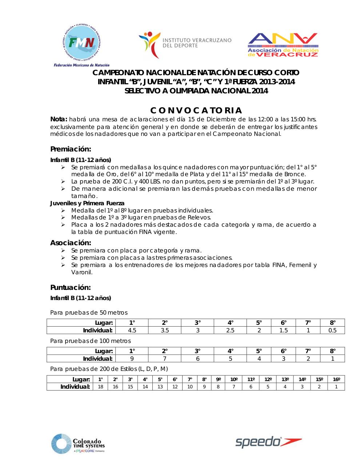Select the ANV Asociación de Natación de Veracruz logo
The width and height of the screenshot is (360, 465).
point(283,45)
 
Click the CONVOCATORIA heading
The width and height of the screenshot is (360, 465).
point(196,110)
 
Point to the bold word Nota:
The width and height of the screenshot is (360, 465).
point(59,120)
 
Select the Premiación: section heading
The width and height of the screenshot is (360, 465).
point(70,149)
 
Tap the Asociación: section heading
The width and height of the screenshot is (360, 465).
point(71,243)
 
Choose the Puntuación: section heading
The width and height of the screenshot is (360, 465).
point(70,287)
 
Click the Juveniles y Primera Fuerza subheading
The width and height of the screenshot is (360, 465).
point(87,203)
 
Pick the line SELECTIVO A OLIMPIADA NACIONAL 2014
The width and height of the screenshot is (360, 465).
point(196,91)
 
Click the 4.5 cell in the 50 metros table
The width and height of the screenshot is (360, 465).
point(132,330)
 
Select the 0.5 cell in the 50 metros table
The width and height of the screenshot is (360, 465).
point(332,330)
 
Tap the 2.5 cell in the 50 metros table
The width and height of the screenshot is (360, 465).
point(230,330)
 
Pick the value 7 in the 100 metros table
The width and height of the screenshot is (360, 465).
point(165,359)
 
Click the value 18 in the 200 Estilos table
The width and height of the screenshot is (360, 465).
point(101,387)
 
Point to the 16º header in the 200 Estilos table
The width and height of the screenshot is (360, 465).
point(336,380)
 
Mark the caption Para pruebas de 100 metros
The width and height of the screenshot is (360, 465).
point(91,341)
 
